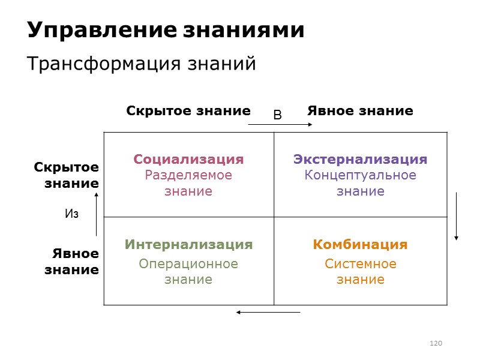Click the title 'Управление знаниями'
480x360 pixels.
(166, 30)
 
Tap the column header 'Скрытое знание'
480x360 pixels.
(188, 111)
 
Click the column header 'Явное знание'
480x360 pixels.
(360, 111)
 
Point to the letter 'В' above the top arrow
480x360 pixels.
(277, 115)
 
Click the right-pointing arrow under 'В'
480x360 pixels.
(280, 125)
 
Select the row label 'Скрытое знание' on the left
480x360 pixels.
(66, 175)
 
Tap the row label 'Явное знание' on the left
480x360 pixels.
(71, 261)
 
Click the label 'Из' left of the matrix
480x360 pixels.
(71, 214)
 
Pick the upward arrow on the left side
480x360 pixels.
(96, 214)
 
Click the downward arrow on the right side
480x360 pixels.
(457, 216)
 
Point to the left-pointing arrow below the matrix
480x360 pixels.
(268, 312)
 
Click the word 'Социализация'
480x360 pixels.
(188, 160)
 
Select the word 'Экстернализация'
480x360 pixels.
(360, 160)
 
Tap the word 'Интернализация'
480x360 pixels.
(188, 245)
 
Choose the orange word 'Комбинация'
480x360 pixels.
(360, 245)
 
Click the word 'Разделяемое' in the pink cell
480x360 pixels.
(188, 175)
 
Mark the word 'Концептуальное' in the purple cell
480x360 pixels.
(360, 175)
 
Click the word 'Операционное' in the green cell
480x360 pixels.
(188, 264)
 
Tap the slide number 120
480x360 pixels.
(436, 343)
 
